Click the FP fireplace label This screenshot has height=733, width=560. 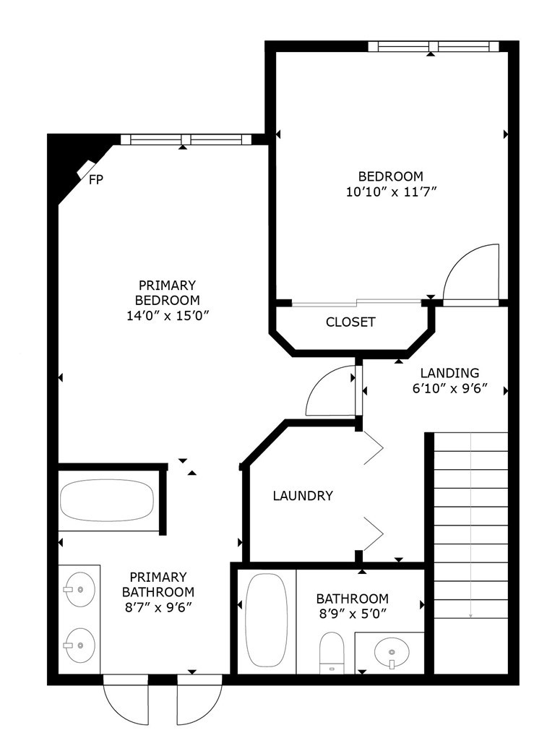[x=96, y=179]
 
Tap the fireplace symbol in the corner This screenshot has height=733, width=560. [x=86, y=168]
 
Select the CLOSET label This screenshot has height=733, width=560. [x=350, y=322]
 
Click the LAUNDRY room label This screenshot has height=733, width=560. [x=303, y=495]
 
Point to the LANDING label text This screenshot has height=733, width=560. [x=449, y=373]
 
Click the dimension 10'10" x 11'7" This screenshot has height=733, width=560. [x=391, y=192]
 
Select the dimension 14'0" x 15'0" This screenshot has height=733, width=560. [x=167, y=316]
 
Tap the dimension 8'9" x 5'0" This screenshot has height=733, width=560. [x=353, y=614]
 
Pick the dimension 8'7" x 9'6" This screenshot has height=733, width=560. [x=158, y=606]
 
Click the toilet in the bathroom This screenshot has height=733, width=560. [x=332, y=653]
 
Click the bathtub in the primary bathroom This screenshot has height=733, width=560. [x=107, y=500]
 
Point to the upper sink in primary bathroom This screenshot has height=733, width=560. [x=80, y=589]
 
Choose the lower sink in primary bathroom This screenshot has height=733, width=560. [x=80, y=646]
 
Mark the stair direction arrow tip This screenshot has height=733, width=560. [x=470, y=618]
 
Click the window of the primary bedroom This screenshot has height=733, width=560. [x=186, y=140]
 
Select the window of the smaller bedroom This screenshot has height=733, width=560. [x=434, y=46]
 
